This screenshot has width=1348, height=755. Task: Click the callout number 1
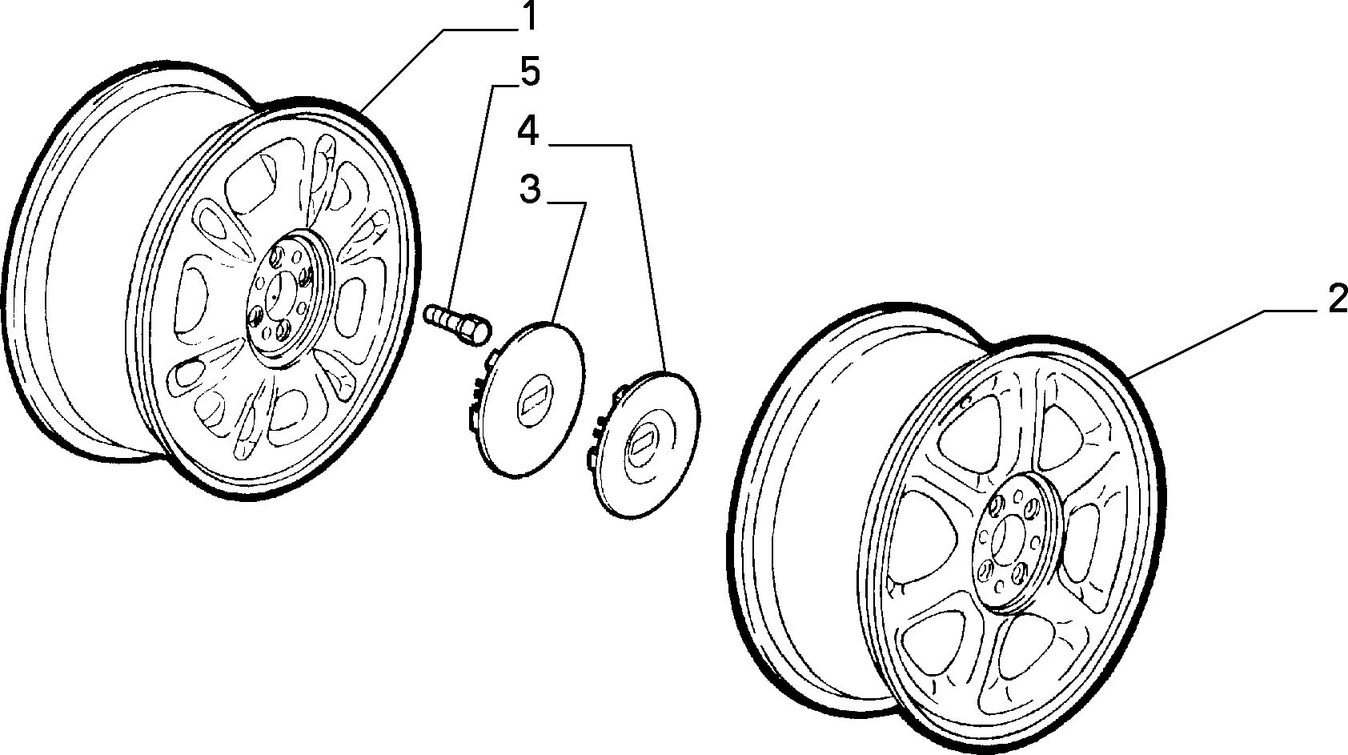click(528, 16)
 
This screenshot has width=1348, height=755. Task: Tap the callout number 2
click(1337, 299)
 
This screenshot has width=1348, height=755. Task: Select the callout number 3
click(530, 190)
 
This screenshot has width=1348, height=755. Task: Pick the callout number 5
click(530, 72)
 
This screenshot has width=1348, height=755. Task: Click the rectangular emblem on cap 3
click(533, 398)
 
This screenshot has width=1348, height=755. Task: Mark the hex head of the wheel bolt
click(475, 331)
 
